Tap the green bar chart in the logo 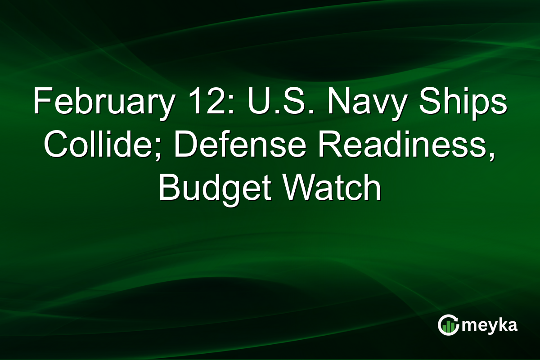tap(447, 327)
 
